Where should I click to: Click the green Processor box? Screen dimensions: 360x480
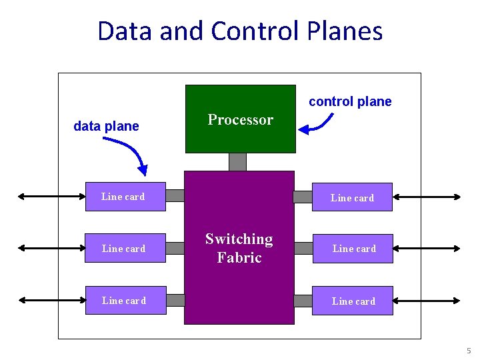240,119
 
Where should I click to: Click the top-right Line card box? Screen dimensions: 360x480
352,197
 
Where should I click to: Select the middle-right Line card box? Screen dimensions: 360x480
353,248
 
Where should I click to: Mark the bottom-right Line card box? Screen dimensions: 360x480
353,301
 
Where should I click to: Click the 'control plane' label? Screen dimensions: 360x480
350,102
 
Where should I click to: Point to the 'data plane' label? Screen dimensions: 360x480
106,126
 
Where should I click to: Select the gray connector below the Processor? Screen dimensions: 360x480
237,162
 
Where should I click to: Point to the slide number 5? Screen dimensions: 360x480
469,351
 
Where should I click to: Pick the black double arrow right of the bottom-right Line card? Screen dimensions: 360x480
427,301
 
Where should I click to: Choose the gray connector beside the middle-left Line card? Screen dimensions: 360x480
175,248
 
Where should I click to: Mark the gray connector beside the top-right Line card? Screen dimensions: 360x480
303,197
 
